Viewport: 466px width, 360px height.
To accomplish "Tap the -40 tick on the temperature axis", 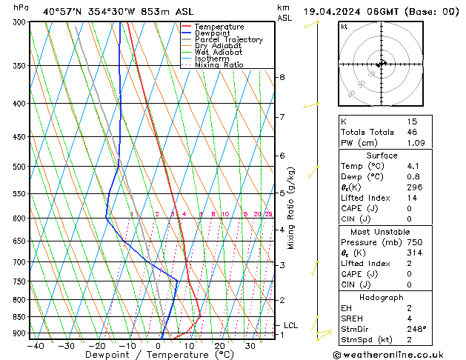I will pyautogui.click(x=35, y=345).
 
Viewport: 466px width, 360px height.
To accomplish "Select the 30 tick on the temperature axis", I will pyautogui.click(x=250, y=345).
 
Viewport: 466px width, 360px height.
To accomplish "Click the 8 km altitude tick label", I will pyautogui.click(x=282, y=77).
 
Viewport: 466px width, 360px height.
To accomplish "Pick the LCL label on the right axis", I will pyautogui.click(x=290, y=325).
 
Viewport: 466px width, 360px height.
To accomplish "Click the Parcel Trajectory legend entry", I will pyautogui.click(x=228, y=40).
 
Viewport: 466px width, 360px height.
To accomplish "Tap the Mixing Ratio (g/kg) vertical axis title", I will pyautogui.click(x=290, y=208).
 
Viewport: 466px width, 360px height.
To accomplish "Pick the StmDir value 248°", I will pyautogui.click(x=417, y=329).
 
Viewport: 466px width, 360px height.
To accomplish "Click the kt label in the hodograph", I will pyautogui.click(x=344, y=27).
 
